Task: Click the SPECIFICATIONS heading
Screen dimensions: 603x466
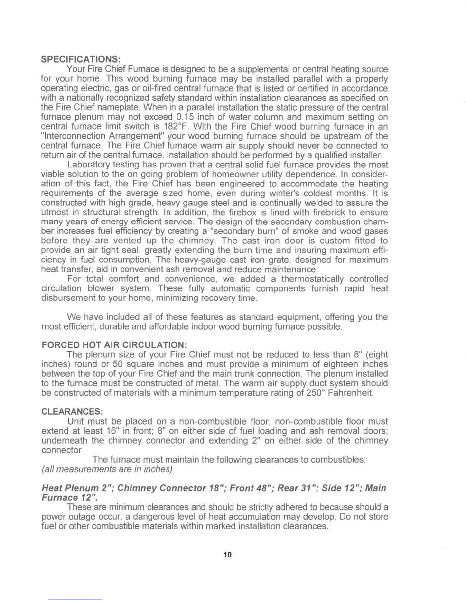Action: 81,60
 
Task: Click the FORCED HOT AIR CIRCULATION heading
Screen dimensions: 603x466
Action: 113,345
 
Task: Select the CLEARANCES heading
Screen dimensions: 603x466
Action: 72,412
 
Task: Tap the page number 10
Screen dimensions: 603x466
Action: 228,555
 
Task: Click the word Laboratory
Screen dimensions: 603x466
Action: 89,165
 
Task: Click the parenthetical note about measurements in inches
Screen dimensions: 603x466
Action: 107,469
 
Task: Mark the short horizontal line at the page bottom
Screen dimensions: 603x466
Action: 75,600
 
